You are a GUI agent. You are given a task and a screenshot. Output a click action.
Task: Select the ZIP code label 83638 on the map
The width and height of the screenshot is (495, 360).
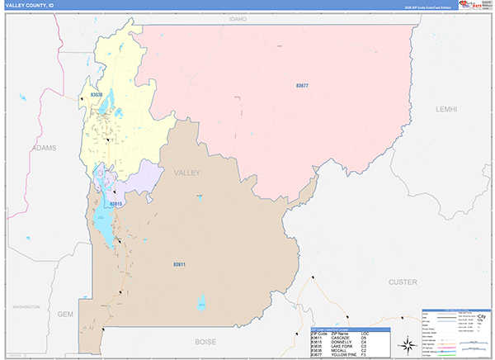97,95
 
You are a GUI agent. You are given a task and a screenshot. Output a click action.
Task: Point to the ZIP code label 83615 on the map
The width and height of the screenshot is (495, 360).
115,203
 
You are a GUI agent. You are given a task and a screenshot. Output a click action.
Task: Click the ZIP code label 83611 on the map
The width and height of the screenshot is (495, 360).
179,264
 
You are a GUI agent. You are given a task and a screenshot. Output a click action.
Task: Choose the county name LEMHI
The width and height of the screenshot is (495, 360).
446,109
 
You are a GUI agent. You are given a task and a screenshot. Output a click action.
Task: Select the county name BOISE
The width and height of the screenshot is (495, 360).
205,341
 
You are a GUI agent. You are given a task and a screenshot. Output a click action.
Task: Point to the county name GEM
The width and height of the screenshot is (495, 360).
66,315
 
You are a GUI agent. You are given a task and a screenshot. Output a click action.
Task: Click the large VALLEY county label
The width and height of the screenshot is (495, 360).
187,173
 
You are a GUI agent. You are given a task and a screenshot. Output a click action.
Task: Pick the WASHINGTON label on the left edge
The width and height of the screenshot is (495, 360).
26,306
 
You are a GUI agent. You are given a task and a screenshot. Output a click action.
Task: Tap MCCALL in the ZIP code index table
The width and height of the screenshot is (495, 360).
341,351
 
